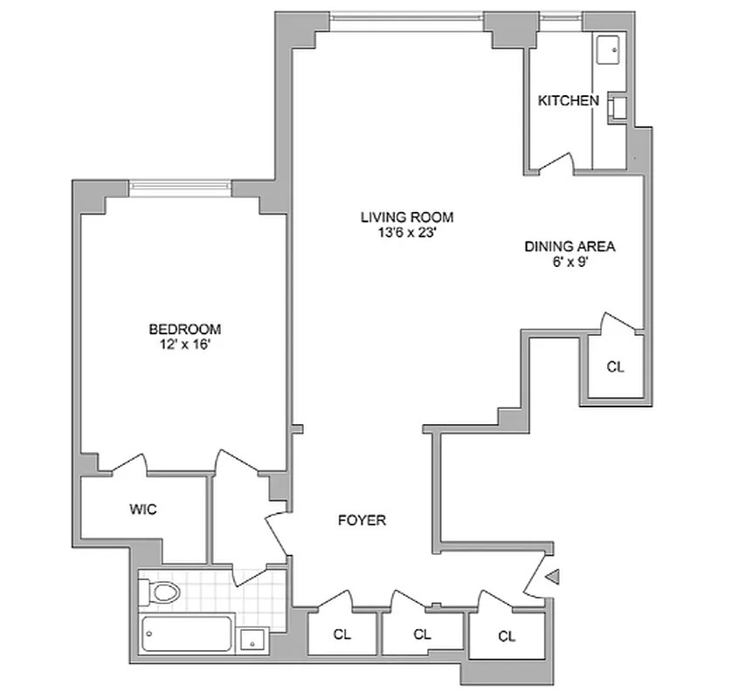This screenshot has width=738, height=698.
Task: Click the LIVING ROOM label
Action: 408,217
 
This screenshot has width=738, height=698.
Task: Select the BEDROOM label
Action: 184,329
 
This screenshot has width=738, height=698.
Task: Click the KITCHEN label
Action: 568,101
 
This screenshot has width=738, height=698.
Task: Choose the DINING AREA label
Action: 569,246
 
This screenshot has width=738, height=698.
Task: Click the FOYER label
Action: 362,521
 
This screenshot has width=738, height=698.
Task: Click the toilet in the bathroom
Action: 162,593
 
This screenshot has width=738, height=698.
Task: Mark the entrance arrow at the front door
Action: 552,575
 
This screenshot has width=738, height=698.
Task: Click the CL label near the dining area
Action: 616,366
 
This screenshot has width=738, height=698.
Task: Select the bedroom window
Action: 181,185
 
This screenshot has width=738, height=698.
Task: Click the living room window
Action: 407,16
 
